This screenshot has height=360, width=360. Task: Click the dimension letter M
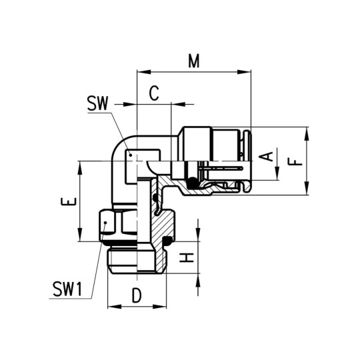(x=194, y=61)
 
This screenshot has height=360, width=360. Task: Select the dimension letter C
(x=154, y=94)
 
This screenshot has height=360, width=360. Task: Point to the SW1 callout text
(x=68, y=289)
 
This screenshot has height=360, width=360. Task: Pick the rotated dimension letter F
(x=297, y=161)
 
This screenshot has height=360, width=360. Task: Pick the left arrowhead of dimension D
(x=111, y=307)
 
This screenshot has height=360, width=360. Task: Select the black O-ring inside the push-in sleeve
(x=193, y=183)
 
